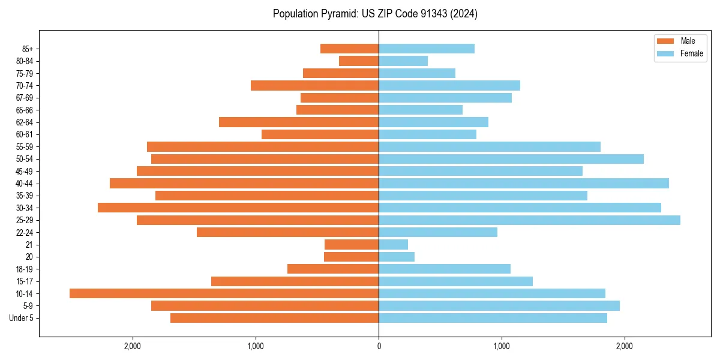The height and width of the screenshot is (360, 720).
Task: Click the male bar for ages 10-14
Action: point(224,293)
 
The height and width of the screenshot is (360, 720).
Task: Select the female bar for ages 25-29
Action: point(529,220)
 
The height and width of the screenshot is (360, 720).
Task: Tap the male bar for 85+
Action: point(349,49)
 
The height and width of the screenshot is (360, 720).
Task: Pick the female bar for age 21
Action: point(393,244)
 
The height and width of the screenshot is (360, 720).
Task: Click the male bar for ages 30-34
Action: point(238,208)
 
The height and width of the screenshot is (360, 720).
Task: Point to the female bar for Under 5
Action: point(493,318)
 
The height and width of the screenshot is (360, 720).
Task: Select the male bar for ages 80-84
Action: point(359,61)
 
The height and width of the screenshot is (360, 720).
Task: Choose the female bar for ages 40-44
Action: point(524,183)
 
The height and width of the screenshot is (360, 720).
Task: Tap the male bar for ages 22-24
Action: point(287,232)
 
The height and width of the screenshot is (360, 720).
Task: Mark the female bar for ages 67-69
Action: point(445,98)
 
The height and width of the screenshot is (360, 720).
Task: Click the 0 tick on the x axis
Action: point(379,346)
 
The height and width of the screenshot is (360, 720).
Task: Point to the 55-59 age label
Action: point(25,146)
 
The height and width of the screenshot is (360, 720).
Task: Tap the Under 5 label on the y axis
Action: point(22,318)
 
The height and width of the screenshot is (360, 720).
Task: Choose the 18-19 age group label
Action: point(25,269)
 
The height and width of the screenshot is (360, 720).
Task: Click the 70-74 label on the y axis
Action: point(25,85)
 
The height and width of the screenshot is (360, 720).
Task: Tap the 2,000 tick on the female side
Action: point(625,346)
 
